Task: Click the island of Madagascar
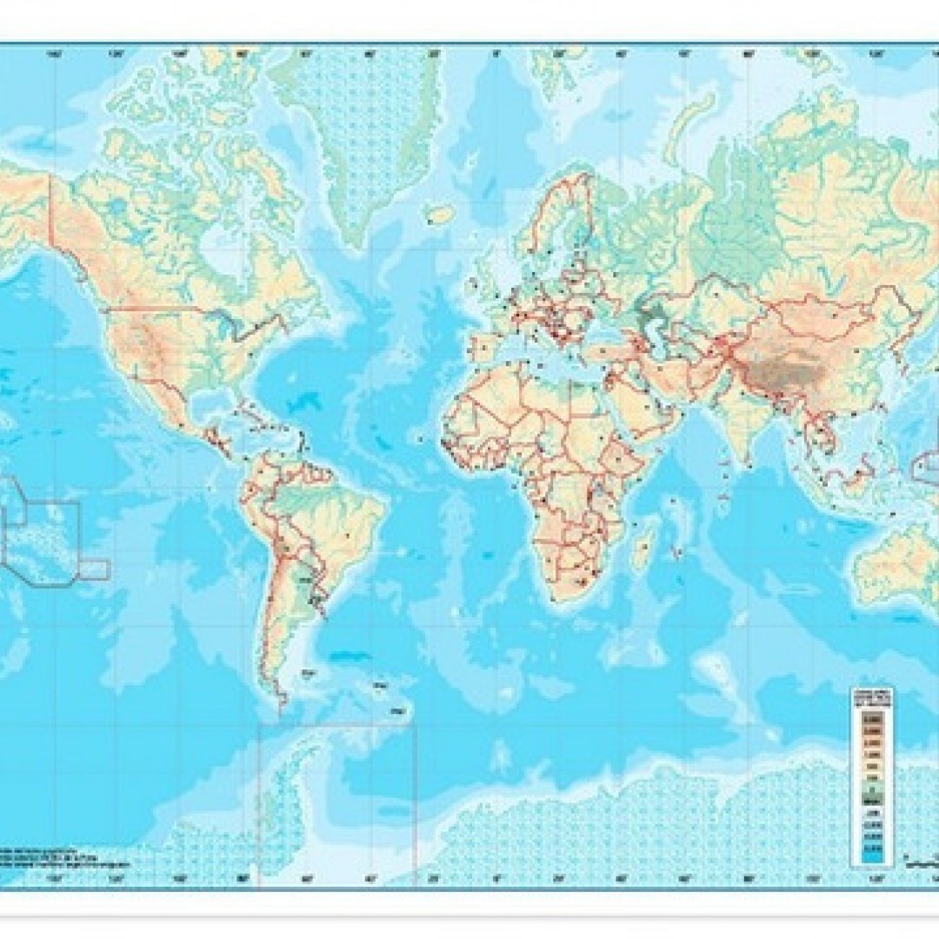pyautogui.click(x=644, y=553)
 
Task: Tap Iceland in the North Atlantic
pyautogui.click(x=442, y=214)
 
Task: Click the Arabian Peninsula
pyautogui.click(x=648, y=409)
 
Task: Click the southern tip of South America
pyautogui.click(x=281, y=700)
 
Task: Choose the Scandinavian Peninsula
pyautogui.click(x=556, y=226)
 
